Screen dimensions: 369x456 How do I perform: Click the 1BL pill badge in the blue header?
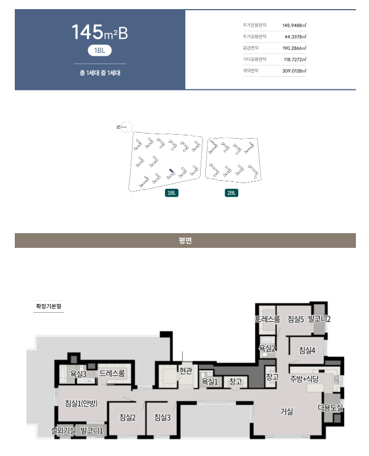(99, 51)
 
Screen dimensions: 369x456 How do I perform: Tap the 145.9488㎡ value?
(295, 25)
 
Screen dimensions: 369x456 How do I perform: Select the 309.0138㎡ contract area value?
(295, 71)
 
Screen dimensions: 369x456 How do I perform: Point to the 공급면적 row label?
(250, 48)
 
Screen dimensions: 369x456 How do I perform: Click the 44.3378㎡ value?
(296, 36)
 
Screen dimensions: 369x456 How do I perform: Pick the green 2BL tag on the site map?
(231, 193)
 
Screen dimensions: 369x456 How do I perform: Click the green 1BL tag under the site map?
(172, 193)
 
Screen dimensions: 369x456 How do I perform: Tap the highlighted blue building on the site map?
(172, 172)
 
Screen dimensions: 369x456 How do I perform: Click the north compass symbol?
(125, 127)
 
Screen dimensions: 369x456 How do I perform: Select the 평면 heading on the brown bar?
(185, 241)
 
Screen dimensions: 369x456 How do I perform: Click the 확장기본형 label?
(48, 306)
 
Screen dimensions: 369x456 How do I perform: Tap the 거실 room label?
(287, 412)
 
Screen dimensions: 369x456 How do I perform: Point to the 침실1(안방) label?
(81, 403)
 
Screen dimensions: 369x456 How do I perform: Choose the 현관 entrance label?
(186, 371)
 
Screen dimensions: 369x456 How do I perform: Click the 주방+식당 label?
(304, 379)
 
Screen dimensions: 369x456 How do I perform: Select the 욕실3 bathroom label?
(78, 374)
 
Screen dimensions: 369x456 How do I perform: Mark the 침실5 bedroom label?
(296, 320)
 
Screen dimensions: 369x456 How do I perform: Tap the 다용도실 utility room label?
(330, 408)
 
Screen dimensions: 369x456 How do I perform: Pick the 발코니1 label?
(92, 431)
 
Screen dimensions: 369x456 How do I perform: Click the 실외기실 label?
(63, 431)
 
